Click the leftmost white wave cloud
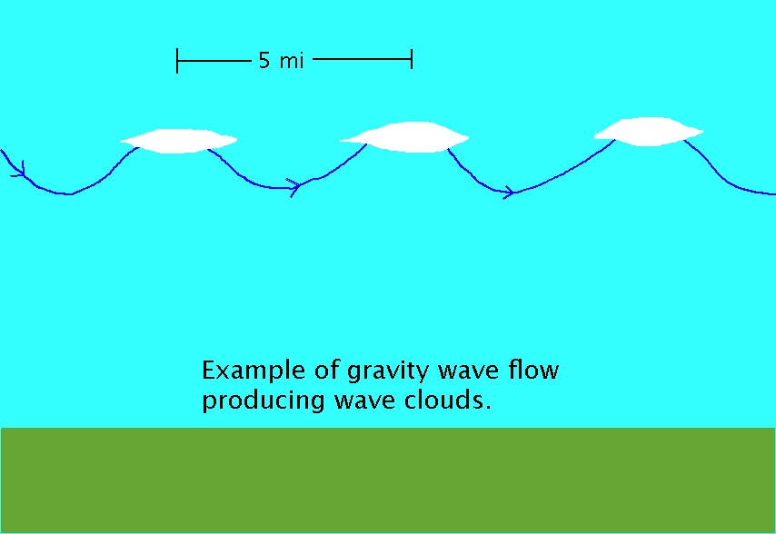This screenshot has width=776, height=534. [178, 141]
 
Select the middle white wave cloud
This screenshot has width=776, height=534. [405, 137]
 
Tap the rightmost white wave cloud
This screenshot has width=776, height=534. [648, 132]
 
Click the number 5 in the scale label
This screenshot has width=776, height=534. [264, 60]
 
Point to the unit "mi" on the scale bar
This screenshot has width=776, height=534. [292, 61]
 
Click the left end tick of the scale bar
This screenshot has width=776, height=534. [177, 60]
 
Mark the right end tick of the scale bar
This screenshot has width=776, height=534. [412, 59]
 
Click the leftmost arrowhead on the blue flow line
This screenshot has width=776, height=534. [19, 170]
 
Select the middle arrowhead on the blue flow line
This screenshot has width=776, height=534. [294, 187]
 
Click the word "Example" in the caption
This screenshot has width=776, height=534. [253, 371]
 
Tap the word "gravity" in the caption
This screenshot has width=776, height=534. [388, 371]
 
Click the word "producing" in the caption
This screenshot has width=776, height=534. [264, 401]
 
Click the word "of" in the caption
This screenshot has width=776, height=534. [325, 370]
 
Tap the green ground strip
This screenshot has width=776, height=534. [388, 480]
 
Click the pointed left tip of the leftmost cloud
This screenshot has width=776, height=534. [120, 142]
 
